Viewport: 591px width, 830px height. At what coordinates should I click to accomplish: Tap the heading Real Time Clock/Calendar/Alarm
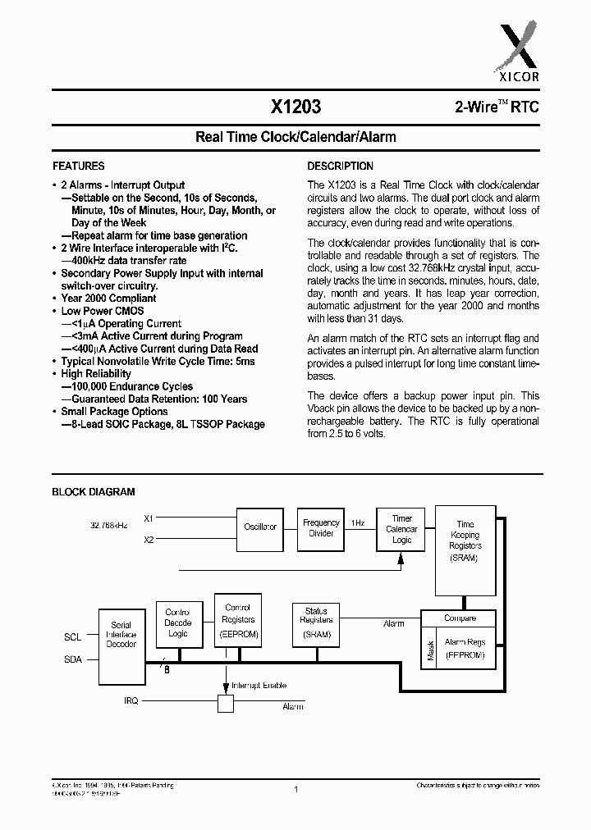pyautogui.click(x=295, y=136)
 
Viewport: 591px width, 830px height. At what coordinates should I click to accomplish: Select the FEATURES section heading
pyautogui.click(x=78, y=166)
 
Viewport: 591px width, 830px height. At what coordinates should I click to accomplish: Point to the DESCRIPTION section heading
pyautogui.click(x=340, y=166)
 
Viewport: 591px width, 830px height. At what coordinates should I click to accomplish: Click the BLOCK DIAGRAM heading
pyautogui.click(x=94, y=492)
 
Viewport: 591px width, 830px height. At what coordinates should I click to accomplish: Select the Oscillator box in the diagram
pyautogui.click(x=260, y=527)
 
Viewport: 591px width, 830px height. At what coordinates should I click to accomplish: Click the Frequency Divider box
pyautogui.click(x=321, y=528)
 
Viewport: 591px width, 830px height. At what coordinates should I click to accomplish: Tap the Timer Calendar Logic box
pyautogui.click(x=401, y=529)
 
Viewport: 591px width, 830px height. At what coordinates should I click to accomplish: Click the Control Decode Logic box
pyautogui.click(x=177, y=622)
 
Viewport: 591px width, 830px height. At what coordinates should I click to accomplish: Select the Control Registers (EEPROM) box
pyautogui.click(x=238, y=620)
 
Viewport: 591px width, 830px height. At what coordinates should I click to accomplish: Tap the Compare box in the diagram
pyautogui.click(x=460, y=618)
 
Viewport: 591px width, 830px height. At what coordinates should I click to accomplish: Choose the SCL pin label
pyautogui.click(x=72, y=636)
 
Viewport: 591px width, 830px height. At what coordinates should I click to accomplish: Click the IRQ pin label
pyautogui.click(x=131, y=702)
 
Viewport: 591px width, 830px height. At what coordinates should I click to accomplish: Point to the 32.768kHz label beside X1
pyautogui.click(x=108, y=524)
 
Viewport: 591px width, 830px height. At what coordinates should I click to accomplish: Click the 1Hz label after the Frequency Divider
pyautogui.click(x=359, y=522)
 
